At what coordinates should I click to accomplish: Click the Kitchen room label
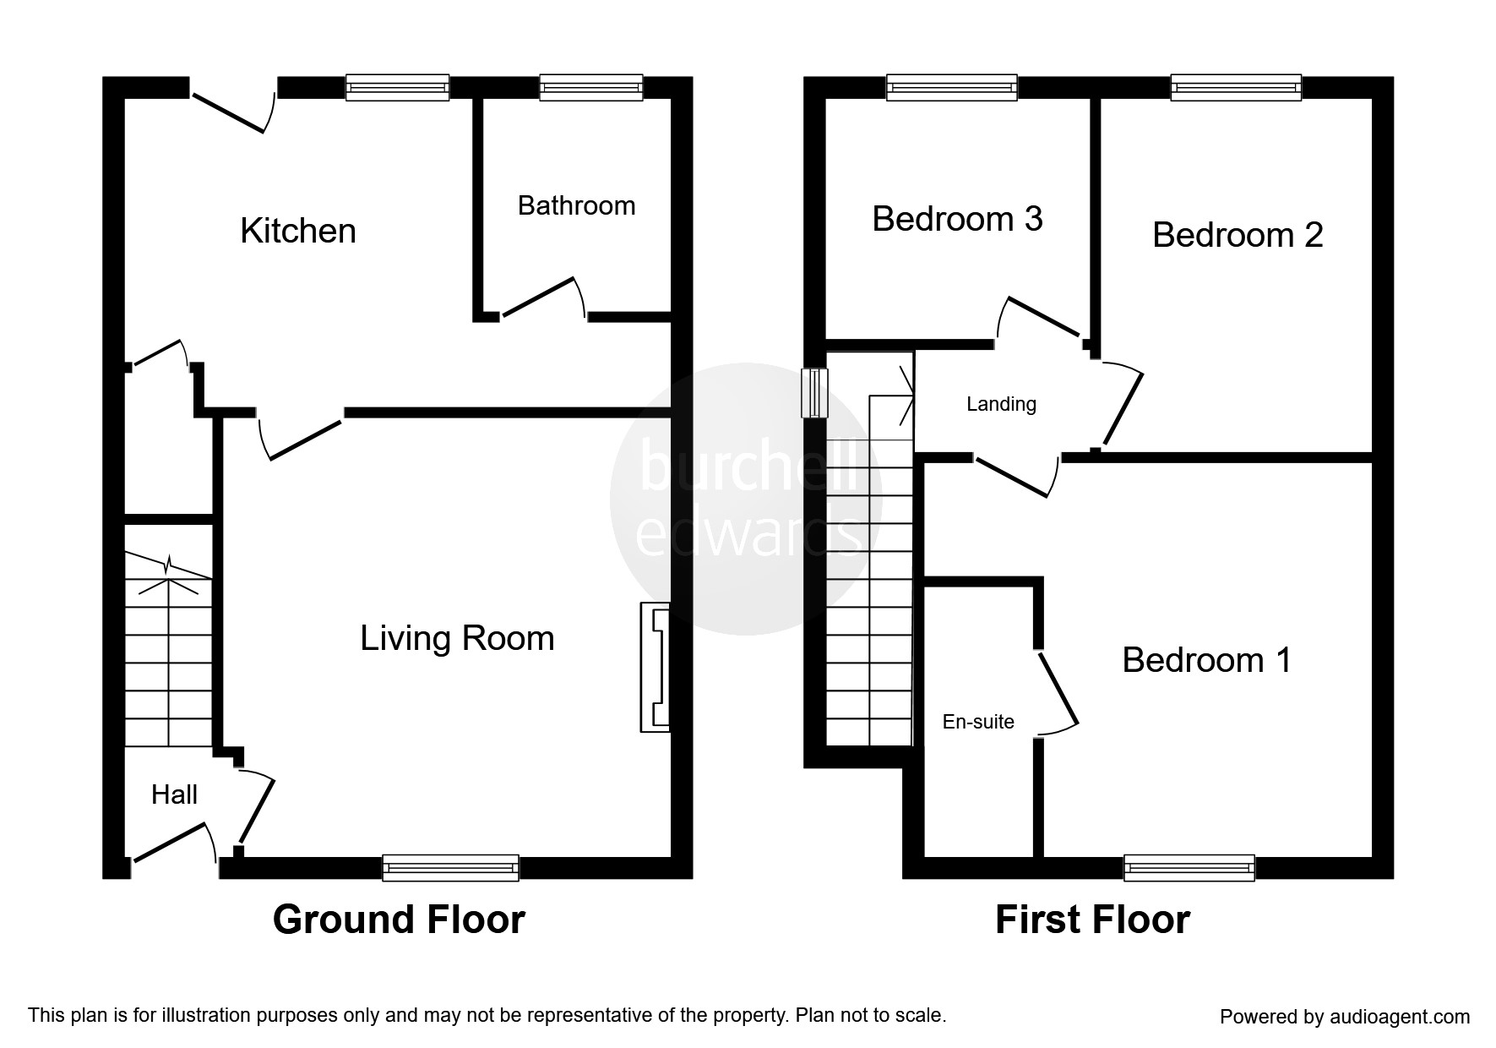click(297, 231)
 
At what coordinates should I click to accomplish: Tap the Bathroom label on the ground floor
click(576, 205)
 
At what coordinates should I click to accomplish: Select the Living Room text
click(457, 638)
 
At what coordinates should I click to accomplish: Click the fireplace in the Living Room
click(656, 666)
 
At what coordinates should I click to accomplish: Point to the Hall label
click(174, 794)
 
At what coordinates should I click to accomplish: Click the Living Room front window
click(450, 868)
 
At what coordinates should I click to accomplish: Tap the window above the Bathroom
click(590, 88)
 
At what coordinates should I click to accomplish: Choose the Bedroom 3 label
click(957, 219)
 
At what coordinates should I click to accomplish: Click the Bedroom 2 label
click(1237, 235)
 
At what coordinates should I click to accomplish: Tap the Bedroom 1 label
click(1206, 660)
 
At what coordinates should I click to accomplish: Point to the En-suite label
click(978, 722)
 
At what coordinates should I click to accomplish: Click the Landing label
click(1001, 404)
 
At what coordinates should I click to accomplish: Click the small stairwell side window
click(815, 392)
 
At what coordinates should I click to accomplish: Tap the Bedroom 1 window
click(1189, 868)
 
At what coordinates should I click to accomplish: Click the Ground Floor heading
click(399, 920)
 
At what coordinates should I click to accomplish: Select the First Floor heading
click(1092, 920)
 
